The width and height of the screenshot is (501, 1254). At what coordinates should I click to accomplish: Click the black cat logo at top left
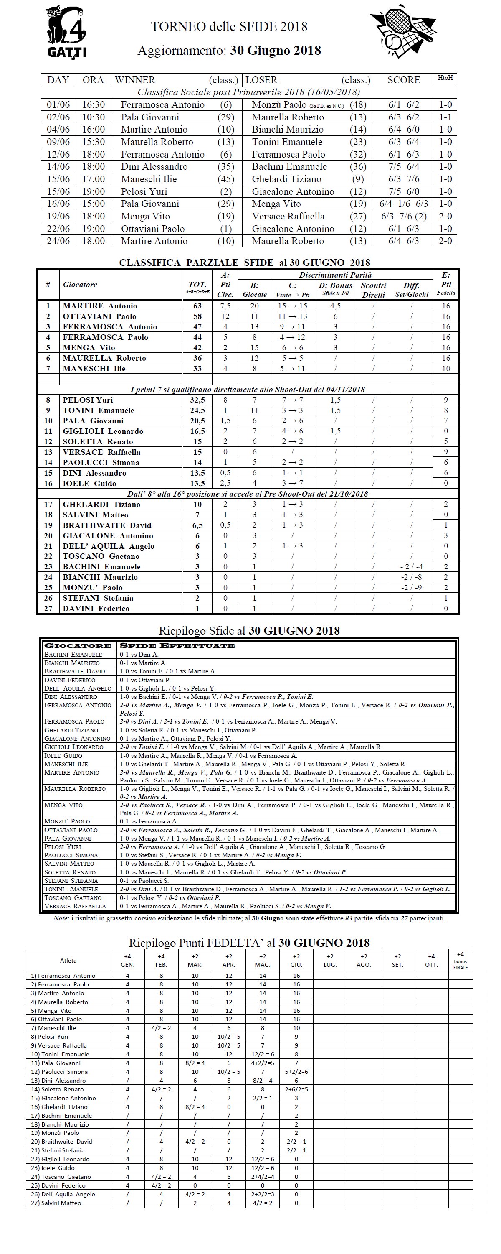coord(67,32)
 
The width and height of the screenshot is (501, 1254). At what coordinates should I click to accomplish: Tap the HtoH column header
coord(445,78)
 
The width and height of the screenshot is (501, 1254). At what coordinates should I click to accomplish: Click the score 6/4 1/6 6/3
coord(403,204)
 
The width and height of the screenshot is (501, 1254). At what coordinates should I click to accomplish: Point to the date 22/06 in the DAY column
coord(58,229)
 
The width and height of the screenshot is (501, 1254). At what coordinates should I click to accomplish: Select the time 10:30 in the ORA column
coord(93,117)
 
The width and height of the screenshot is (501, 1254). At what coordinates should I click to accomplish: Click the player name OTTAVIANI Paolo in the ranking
coord(99,316)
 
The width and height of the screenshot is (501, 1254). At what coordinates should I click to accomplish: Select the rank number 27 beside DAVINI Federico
coord(48,609)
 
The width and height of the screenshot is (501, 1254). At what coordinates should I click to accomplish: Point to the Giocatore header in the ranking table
coord(80,285)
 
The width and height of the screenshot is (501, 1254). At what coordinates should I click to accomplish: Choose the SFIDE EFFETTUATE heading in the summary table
coord(177,646)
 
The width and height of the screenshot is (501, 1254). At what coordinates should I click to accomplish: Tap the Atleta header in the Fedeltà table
coord(68,961)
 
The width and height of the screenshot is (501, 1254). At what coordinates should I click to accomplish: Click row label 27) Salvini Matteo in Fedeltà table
coord(56,1203)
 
